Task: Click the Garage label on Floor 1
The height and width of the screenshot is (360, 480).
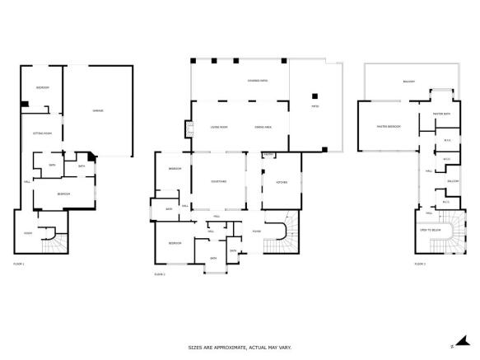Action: [97, 110]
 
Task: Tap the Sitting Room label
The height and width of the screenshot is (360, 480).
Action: [42, 132]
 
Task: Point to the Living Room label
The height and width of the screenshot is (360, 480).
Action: [219, 127]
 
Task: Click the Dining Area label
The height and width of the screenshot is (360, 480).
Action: [263, 127]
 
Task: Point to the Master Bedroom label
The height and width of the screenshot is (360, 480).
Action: [389, 127]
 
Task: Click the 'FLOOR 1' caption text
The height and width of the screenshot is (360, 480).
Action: [19, 263]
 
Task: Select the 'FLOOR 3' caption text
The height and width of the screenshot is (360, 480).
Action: [420, 263]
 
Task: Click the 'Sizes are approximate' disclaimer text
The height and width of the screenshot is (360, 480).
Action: [240, 347]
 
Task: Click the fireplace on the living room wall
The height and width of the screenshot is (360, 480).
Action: [187, 129]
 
